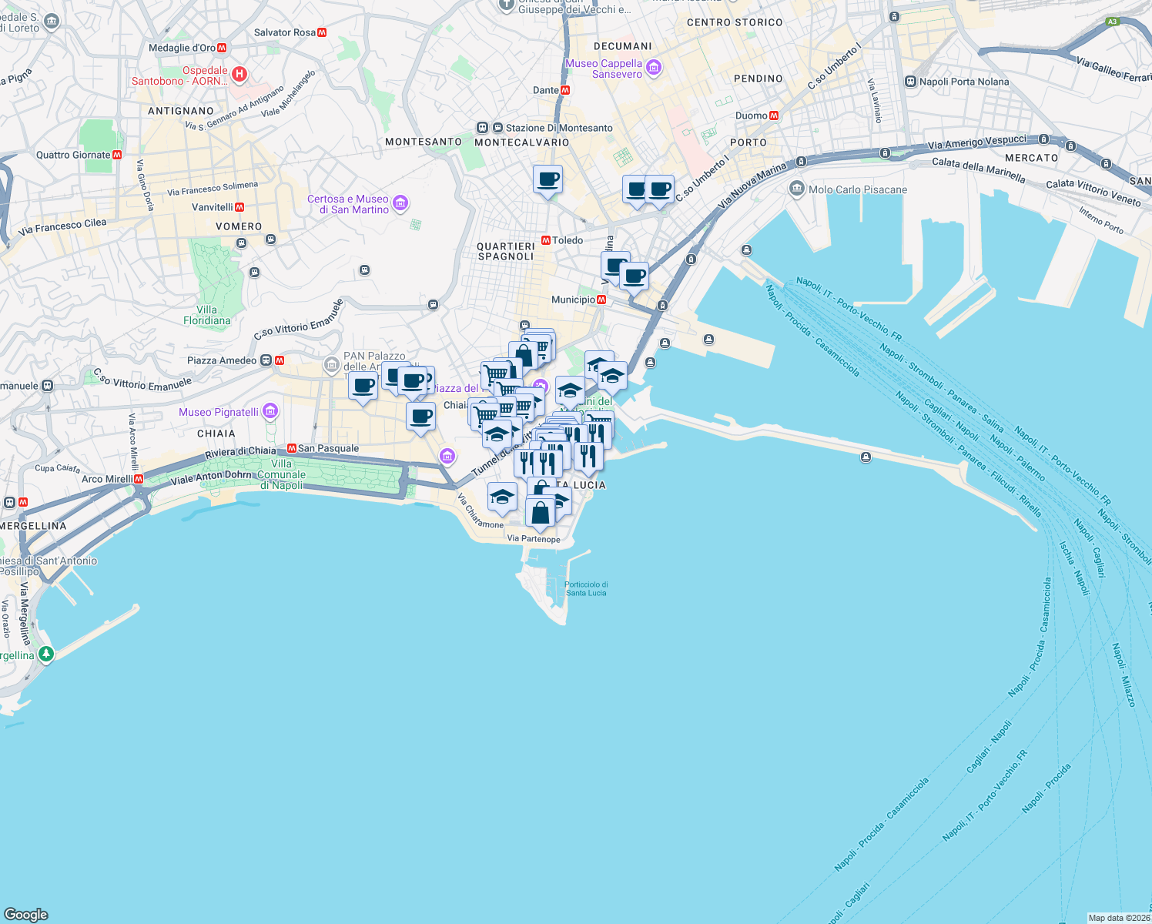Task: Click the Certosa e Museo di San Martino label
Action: pos(348,204)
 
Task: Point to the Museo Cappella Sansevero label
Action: pos(604,69)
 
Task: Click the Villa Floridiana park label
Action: pos(206,315)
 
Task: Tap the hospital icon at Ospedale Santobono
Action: pos(239,74)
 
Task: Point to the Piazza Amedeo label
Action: pos(222,360)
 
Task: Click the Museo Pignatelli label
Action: pos(219,412)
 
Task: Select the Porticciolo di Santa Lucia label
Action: pos(586,588)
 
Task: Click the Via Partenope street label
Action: pos(534,539)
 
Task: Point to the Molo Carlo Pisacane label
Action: pos(858,189)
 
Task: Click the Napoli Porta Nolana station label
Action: pos(963,82)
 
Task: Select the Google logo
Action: pos(25,914)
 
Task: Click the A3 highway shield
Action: pos(1112,22)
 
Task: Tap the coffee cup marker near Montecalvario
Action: pos(548,180)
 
